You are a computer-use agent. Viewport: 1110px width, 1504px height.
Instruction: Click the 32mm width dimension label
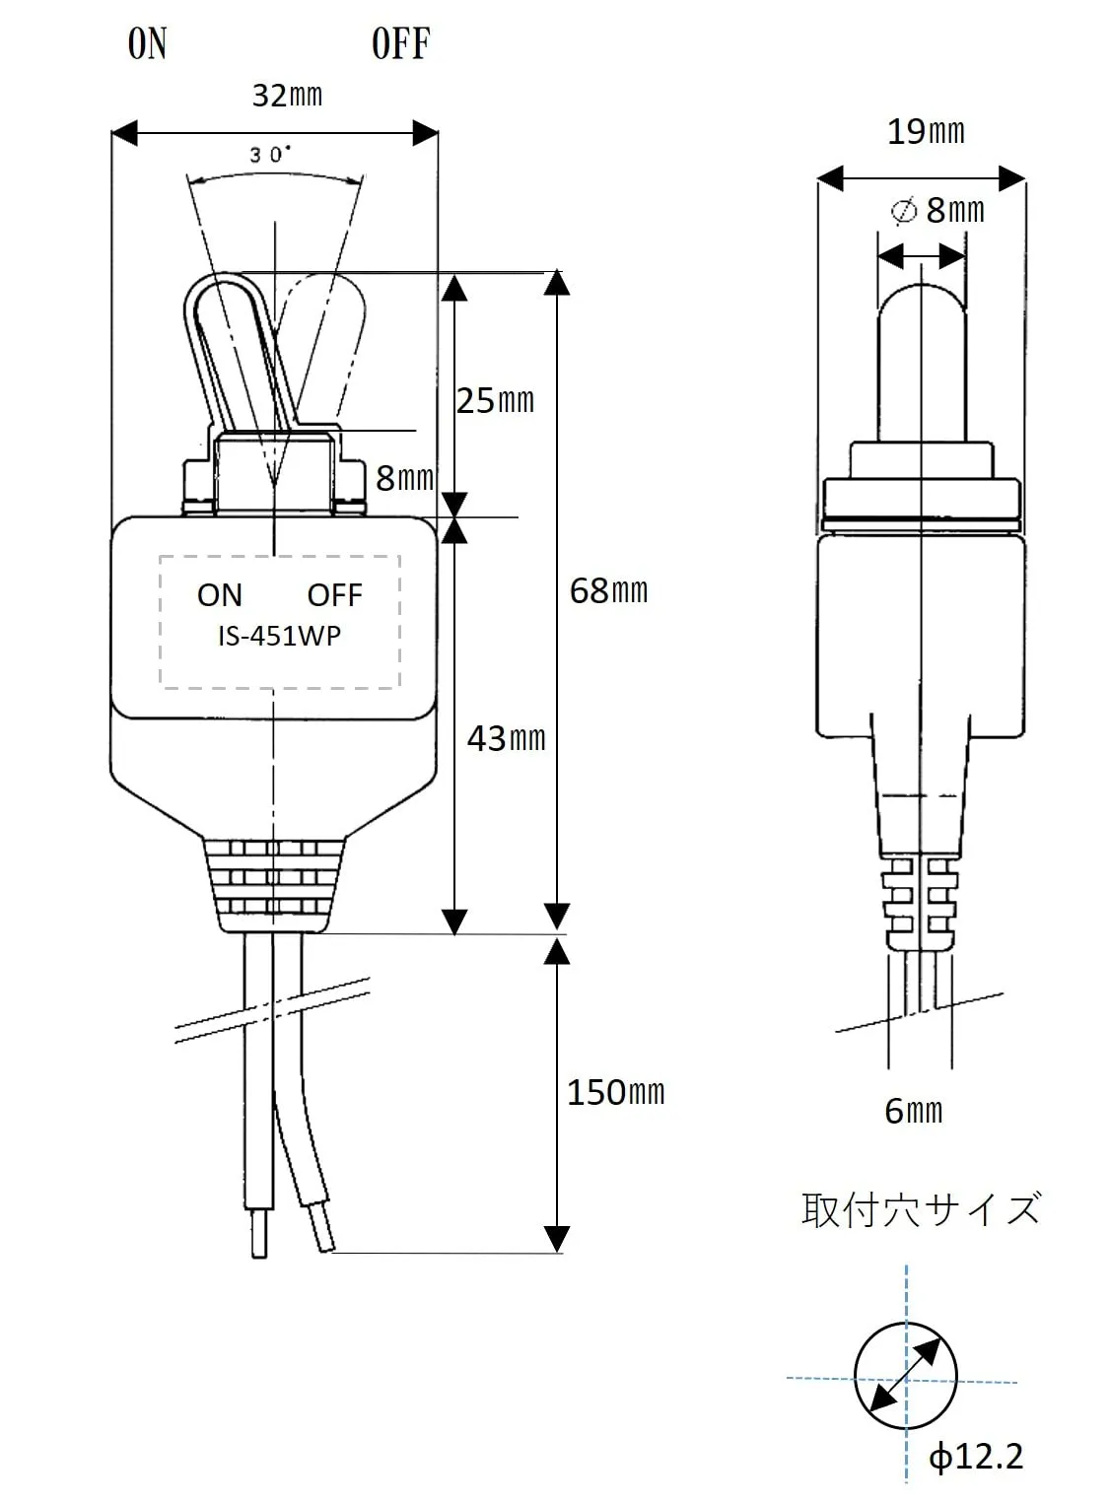click(287, 96)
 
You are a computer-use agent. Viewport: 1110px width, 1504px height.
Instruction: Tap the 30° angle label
click(269, 155)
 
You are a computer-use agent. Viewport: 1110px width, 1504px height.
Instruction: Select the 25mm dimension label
click(495, 400)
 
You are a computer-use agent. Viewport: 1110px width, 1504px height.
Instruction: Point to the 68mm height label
click(608, 590)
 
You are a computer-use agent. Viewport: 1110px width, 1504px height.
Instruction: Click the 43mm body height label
click(506, 738)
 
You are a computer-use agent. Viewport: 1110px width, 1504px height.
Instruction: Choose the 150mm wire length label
click(615, 1092)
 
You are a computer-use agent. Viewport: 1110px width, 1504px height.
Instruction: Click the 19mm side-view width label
click(926, 131)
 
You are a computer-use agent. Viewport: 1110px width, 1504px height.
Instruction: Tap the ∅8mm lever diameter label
click(937, 210)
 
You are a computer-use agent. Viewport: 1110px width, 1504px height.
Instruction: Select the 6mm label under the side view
click(914, 1111)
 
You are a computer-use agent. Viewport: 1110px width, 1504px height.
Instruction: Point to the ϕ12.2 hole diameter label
click(976, 1456)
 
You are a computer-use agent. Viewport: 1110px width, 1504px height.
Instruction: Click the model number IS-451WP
click(279, 637)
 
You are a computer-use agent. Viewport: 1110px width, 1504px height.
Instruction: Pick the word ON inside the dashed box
click(219, 595)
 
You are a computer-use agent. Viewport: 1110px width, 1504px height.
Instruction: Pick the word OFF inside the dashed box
click(334, 595)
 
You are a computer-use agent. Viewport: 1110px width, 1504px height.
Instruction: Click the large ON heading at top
click(148, 44)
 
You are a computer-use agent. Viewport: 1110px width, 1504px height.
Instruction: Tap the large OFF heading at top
click(400, 44)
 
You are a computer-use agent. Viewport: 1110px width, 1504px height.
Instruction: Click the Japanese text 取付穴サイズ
click(921, 1209)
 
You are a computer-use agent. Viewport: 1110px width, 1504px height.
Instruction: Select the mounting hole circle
click(906, 1377)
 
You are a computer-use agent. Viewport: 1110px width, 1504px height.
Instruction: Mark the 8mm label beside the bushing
click(404, 478)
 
